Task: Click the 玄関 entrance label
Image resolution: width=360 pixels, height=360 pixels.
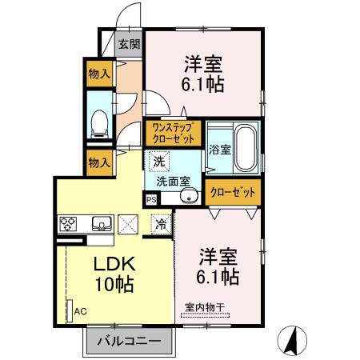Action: pyautogui.click(x=130, y=44)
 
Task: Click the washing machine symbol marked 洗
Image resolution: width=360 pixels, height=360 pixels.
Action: pyautogui.click(x=160, y=162)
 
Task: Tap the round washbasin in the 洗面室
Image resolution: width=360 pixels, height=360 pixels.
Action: pyautogui.click(x=190, y=195)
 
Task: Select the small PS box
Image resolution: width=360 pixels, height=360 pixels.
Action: pyautogui.click(x=151, y=201)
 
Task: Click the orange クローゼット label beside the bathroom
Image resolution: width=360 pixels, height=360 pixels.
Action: pyautogui.click(x=234, y=193)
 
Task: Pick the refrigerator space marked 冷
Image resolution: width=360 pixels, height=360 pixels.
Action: pyautogui.click(x=161, y=225)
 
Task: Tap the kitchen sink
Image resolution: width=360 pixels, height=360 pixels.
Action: pyautogui.click(x=100, y=223)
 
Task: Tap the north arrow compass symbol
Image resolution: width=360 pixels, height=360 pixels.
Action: pyautogui.click(x=294, y=339)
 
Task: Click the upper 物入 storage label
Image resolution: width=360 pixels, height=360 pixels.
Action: pyautogui.click(x=99, y=74)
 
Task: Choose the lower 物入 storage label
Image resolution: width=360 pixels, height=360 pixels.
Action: pyautogui.click(x=99, y=162)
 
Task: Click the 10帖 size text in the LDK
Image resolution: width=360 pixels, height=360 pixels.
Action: pyautogui.click(x=114, y=284)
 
